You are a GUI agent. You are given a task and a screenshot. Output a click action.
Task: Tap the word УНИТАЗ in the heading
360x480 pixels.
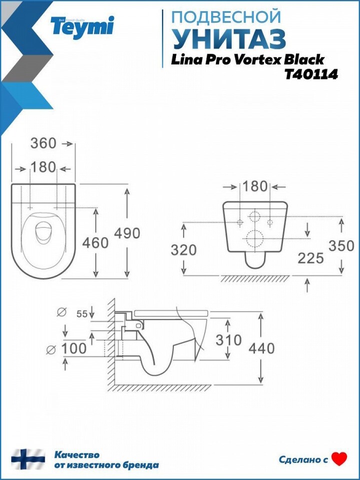pos(229,39)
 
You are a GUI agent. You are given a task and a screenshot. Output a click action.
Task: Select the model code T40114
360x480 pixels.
pos(311,74)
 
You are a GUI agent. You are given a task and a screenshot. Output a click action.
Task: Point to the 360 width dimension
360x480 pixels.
pos(43,143)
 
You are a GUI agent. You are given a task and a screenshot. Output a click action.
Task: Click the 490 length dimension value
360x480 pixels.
pos(127,233)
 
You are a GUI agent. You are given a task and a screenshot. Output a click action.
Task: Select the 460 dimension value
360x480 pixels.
pos(95,243)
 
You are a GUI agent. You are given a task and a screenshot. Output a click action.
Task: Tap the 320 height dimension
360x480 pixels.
pos(183,250)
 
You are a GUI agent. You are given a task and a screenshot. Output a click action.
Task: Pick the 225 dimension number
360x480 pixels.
pos(310,258)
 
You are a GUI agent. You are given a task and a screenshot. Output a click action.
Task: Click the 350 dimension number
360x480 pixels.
pos(341,246)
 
